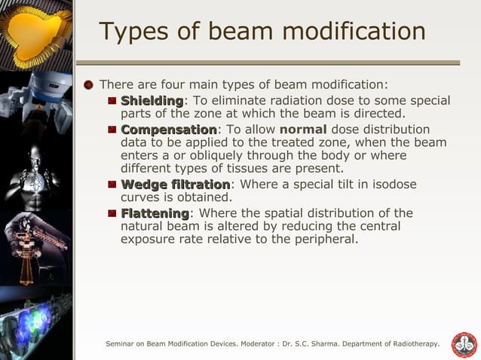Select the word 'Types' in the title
133,32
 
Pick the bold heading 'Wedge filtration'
175,185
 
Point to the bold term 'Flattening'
155,213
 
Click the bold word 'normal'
302,130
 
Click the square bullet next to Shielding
112,100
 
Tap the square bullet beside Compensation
112,130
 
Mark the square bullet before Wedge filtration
112,185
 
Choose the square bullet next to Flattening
112,213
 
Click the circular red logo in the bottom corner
464,344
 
